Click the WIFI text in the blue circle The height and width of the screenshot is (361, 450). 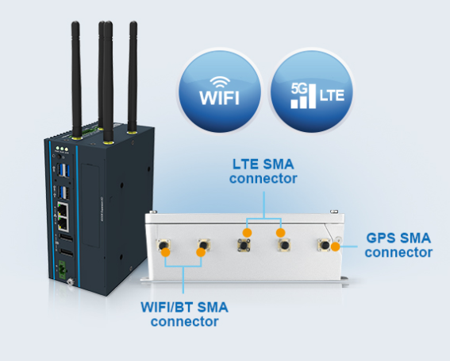tap(219, 98)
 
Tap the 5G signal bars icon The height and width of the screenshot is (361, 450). tap(303, 95)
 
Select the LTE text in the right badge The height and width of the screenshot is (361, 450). tap(332, 95)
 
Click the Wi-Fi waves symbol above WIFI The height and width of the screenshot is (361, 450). tap(220, 82)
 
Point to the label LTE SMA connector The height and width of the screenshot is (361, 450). tap(263, 171)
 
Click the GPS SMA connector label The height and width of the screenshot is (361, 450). tap(398, 245)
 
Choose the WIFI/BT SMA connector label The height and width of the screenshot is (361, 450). tap(185, 314)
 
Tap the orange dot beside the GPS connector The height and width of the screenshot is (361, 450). tap(335, 246)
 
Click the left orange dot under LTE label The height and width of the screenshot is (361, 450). tap(247, 232)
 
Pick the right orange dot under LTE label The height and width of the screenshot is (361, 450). tap(281, 232)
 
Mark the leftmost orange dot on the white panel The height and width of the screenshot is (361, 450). tap(166, 252)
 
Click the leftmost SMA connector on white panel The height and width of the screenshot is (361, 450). tap(163, 245)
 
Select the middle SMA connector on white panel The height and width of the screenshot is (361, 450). tap(244, 245)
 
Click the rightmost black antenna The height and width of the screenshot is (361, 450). tap(133, 77)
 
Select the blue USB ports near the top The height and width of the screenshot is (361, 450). tap(63, 170)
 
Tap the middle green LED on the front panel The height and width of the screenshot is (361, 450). tap(62, 149)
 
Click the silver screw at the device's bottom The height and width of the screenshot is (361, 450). tap(70, 281)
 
